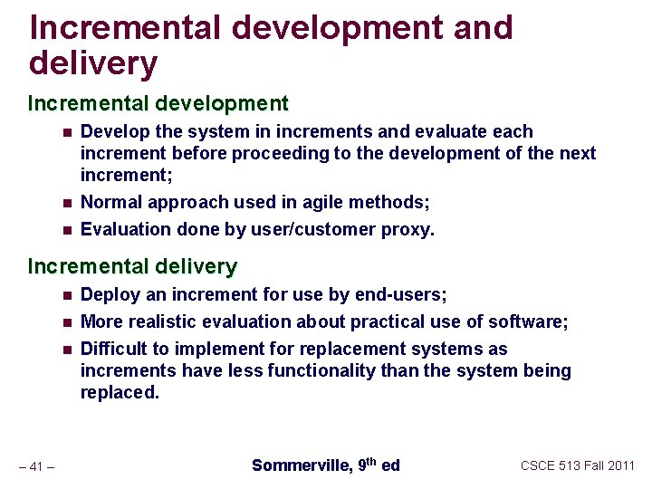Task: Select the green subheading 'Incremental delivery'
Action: click(132, 266)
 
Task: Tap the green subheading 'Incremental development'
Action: click(158, 103)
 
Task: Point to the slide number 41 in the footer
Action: click(37, 466)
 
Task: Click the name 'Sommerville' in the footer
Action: click(300, 465)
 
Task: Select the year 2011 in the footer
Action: click(620, 465)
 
